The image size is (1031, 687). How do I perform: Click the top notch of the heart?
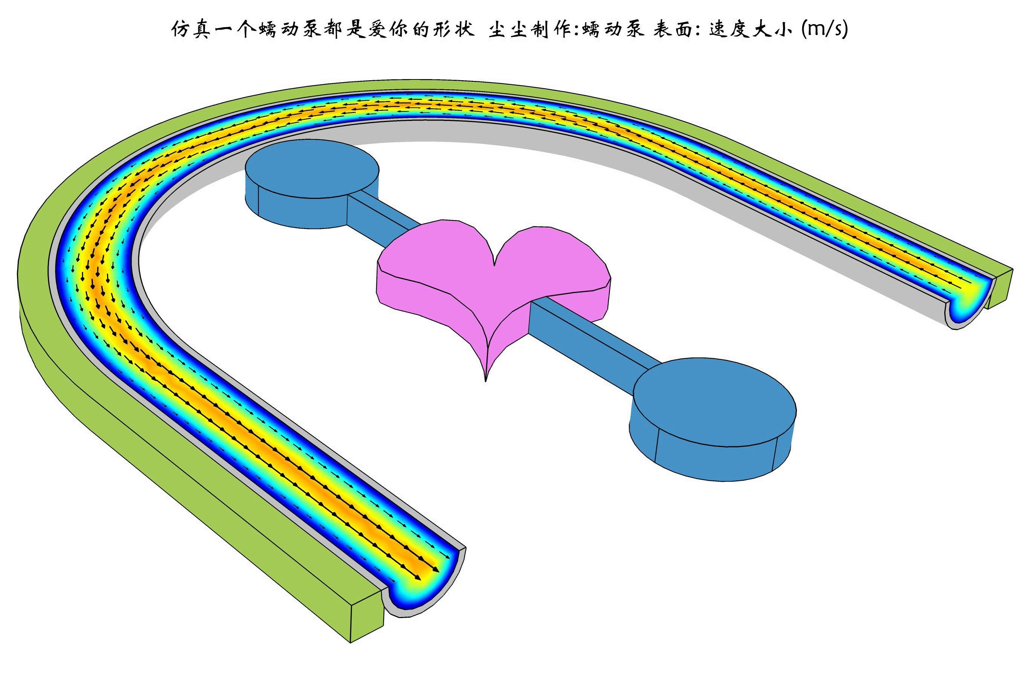[x=494, y=264]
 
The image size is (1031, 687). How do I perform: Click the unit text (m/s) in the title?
[x=824, y=29]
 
